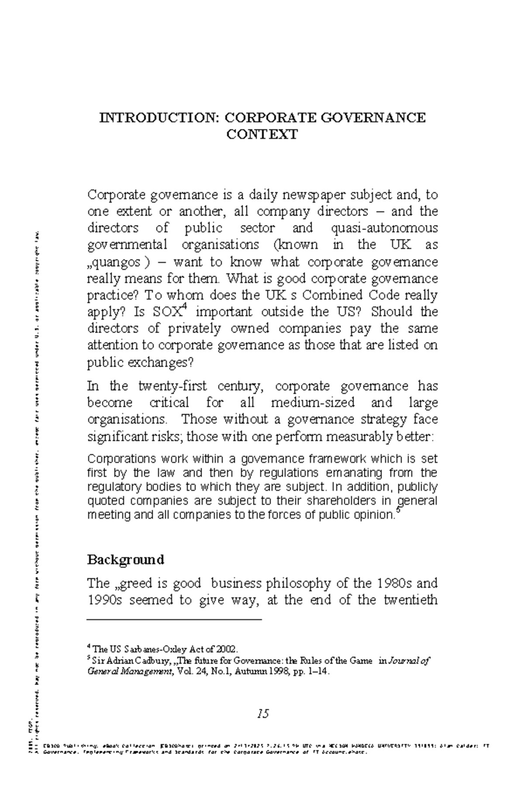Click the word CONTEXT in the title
[262, 134]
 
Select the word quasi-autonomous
[384, 228]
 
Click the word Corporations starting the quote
[121, 459]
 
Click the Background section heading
[126, 560]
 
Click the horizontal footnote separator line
[174, 619]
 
